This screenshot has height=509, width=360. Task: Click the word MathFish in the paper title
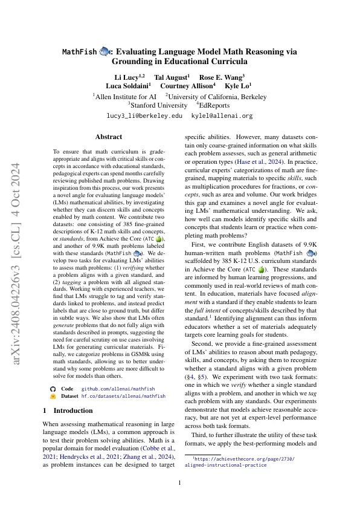[80, 53]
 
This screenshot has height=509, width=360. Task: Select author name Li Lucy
[129, 78]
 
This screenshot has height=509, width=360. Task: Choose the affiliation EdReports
[219, 105]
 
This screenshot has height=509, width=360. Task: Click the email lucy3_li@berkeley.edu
[136, 115]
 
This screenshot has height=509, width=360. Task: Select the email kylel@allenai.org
[222, 115]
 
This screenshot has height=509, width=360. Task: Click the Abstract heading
[109, 137]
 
